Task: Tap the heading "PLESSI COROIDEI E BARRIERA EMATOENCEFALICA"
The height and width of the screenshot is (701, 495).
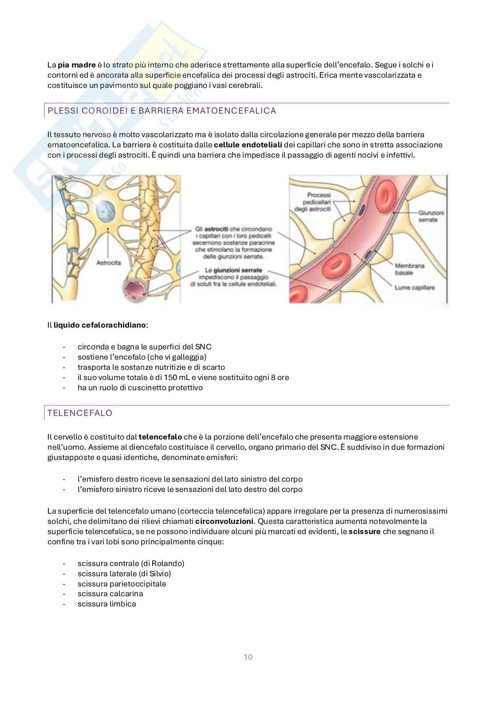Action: pyautogui.click(x=161, y=111)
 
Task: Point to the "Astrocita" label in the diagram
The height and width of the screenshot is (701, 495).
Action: pyautogui.click(x=109, y=262)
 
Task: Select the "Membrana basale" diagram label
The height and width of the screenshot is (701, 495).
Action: pyautogui.click(x=409, y=269)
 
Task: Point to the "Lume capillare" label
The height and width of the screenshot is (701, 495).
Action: pyautogui.click(x=414, y=288)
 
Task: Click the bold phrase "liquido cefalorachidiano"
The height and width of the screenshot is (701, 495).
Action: pyautogui.click(x=100, y=325)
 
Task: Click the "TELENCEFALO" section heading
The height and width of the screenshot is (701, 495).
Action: pyautogui.click(x=80, y=413)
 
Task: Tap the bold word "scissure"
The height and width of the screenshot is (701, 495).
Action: pyautogui.click(x=365, y=531)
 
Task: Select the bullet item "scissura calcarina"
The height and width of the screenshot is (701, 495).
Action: pyautogui.click(x=110, y=594)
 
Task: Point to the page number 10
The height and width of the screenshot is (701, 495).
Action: pyautogui.click(x=248, y=657)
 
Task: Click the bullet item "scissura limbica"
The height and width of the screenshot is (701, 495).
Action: pyautogui.click(x=106, y=604)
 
